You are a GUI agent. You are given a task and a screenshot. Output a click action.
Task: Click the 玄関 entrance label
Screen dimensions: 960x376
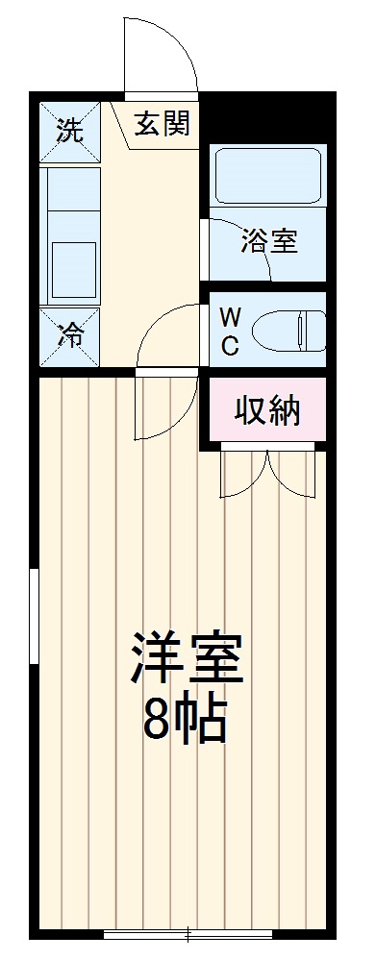tap(161, 125)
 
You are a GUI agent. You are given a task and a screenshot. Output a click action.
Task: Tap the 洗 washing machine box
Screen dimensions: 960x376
tap(68, 130)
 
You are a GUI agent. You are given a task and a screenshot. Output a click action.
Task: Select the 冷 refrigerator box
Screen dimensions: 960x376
tap(68, 335)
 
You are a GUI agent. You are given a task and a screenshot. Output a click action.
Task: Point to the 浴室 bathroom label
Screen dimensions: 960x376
tap(268, 240)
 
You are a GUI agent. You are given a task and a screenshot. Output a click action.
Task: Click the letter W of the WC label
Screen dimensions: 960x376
tap(231, 316)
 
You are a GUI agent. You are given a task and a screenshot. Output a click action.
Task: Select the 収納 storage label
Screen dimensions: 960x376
tap(268, 410)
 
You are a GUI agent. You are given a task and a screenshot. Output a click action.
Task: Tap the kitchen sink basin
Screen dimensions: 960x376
tap(72, 272)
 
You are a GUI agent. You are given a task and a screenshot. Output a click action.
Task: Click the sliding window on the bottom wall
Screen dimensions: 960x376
tap(188, 932)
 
